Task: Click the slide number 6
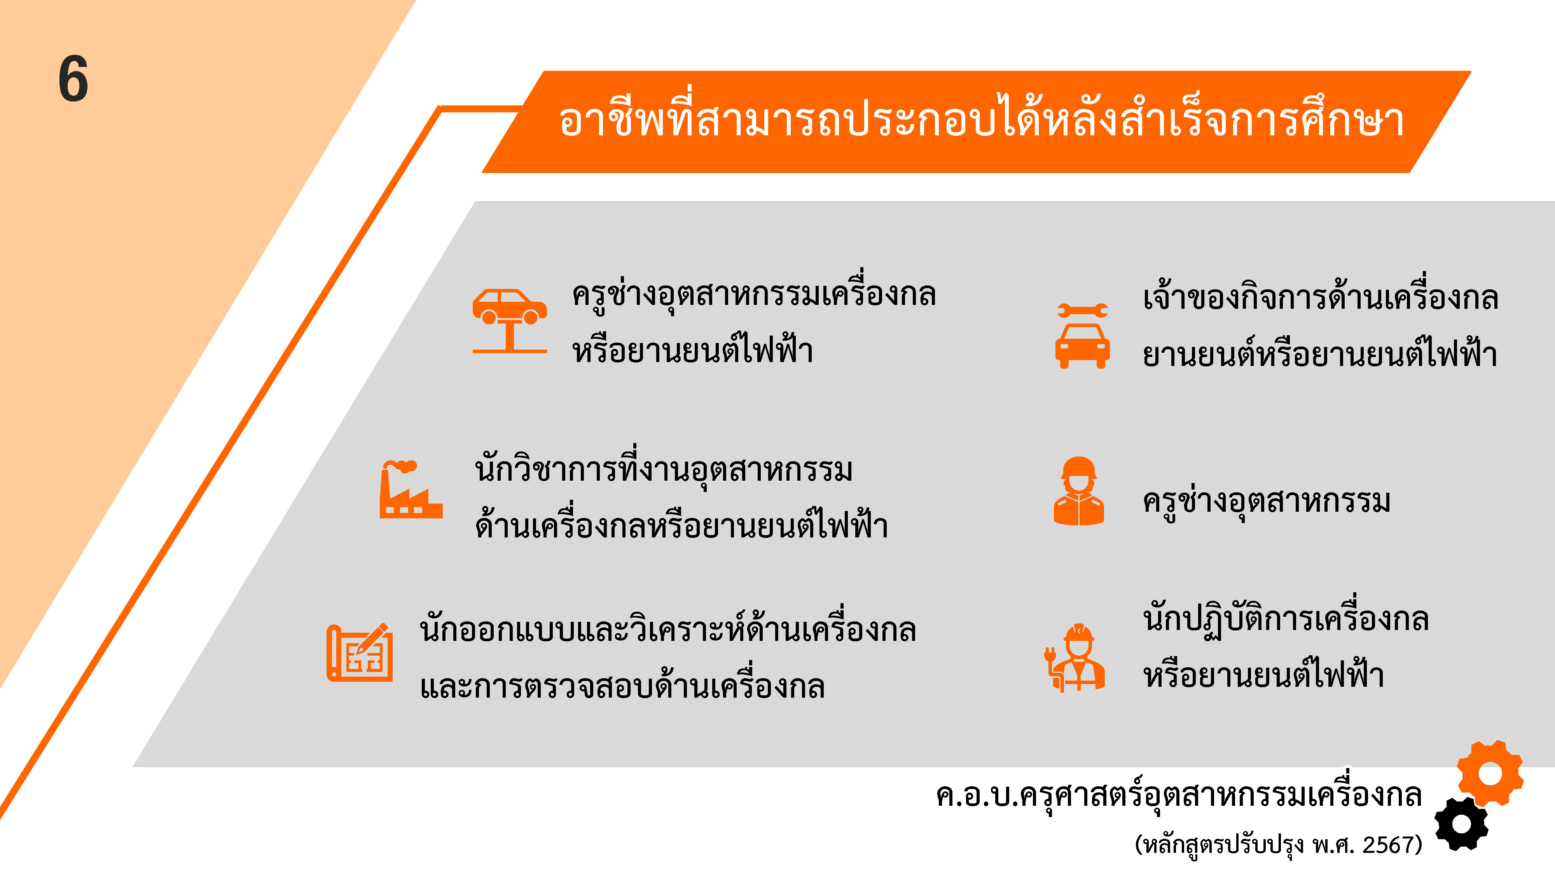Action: (73, 79)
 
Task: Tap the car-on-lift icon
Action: (510, 320)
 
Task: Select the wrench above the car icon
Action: (1082, 310)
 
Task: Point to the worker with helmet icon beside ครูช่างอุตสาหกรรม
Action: (1079, 491)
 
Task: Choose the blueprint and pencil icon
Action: (360, 652)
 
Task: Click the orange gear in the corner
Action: (1490, 773)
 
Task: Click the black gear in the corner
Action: (1461, 824)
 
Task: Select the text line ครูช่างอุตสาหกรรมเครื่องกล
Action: (754, 294)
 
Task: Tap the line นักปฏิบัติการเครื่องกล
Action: (1286, 618)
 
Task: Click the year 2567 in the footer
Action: (1388, 844)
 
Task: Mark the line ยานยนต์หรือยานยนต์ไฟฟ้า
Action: (1320, 353)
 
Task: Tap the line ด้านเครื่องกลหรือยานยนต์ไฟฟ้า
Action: (681, 525)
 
